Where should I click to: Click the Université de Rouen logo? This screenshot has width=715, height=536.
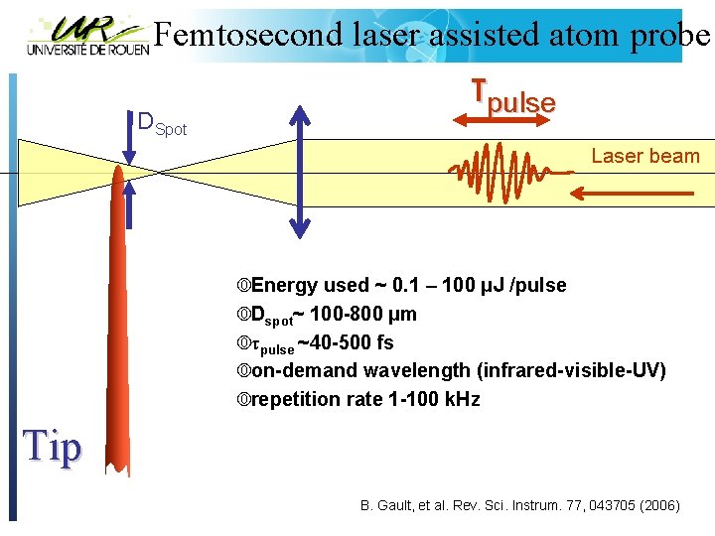coord(87,36)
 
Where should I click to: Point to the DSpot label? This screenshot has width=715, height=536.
coord(161,124)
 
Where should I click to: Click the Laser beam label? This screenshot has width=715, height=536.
coord(645,156)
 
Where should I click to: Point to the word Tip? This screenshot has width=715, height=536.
coord(52,447)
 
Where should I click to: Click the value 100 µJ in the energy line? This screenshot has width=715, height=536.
coord(472,286)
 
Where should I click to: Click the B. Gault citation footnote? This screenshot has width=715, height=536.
coord(519,506)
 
